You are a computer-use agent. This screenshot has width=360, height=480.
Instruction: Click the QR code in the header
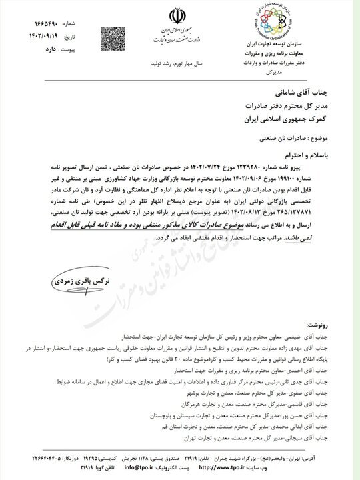(113, 35)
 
